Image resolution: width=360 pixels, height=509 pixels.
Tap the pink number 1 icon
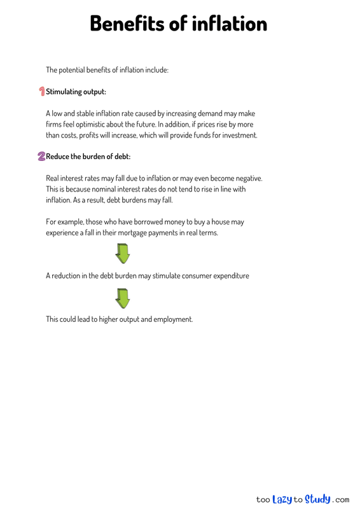[x=41, y=92]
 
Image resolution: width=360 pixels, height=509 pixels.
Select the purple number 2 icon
[x=41, y=156]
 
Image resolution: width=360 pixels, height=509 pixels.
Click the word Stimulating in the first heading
[x=67, y=92]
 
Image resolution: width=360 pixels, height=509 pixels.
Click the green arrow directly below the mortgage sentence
[x=123, y=253]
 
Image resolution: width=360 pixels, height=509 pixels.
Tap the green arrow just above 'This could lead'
[x=123, y=298]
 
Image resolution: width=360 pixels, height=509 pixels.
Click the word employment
[x=172, y=319]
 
